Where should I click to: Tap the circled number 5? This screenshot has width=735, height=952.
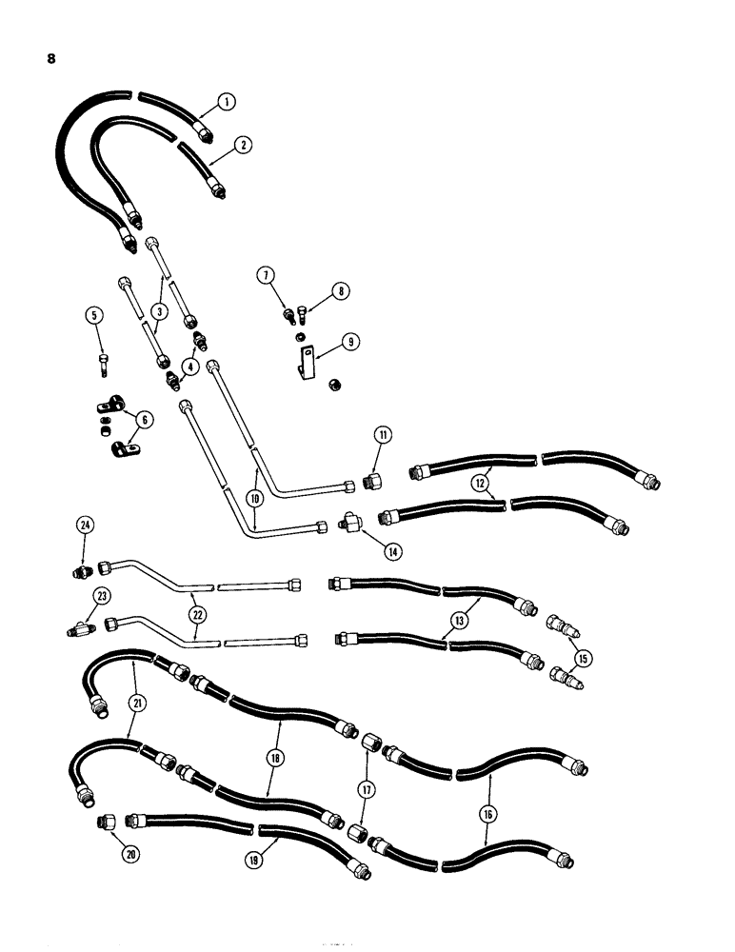(x=93, y=313)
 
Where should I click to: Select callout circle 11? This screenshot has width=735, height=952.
(x=381, y=437)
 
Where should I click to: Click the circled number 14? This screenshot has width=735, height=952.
(x=387, y=549)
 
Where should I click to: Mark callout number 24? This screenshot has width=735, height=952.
(x=86, y=526)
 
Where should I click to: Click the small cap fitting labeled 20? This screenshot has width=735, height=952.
(x=105, y=820)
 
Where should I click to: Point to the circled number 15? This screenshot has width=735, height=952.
(x=584, y=656)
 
